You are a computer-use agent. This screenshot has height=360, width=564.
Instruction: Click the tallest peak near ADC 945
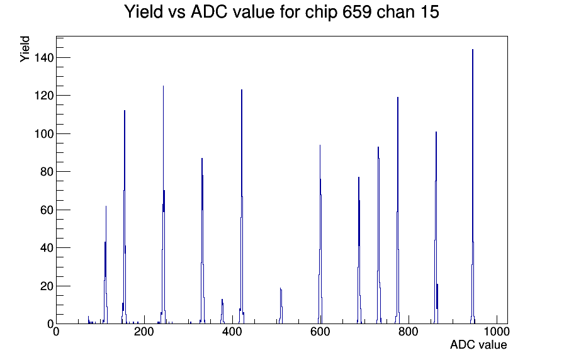[x=473, y=187]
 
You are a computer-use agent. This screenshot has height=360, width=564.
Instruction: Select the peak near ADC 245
[x=163, y=205]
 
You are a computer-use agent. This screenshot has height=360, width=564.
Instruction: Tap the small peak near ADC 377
[x=222, y=312]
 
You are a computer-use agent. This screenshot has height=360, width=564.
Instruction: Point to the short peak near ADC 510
[x=281, y=306]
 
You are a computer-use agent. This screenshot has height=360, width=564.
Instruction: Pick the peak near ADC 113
[x=106, y=265]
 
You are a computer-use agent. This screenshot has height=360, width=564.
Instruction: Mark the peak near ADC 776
[x=397, y=210]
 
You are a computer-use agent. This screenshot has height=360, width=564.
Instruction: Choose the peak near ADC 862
[x=436, y=228]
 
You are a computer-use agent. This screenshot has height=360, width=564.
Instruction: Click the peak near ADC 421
[x=242, y=207]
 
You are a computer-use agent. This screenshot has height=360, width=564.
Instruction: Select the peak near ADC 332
[x=202, y=241]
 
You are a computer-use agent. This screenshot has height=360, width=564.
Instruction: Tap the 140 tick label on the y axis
[x=44, y=57]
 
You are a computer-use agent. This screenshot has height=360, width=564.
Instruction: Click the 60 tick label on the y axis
[x=47, y=210]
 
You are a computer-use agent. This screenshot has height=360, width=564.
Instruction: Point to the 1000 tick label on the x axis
[x=497, y=331]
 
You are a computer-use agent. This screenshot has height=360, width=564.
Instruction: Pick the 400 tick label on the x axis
[x=232, y=331]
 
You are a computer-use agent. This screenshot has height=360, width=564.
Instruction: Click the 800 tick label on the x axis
[x=409, y=331]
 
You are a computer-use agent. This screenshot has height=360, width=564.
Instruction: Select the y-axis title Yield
[x=25, y=49]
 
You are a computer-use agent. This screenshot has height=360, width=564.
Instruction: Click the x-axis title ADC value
[x=478, y=344]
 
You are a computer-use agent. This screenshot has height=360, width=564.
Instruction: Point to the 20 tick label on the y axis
[x=47, y=286]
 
